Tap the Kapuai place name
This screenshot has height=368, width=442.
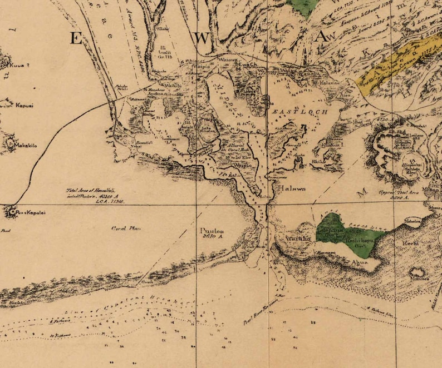(24, 105)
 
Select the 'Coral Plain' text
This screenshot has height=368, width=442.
(124, 228)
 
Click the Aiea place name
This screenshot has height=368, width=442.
(346, 96)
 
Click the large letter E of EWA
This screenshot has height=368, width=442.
(76, 38)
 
